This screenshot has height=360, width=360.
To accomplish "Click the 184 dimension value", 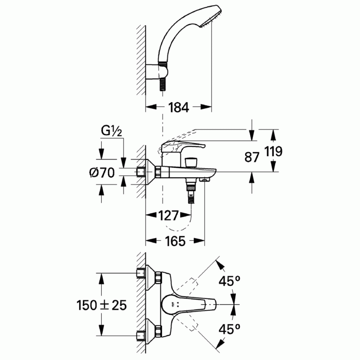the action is point(178,107).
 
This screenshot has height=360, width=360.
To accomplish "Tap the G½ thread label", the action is point(112,131).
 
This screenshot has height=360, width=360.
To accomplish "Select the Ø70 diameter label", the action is point(102,172).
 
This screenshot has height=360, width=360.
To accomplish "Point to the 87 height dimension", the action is point(252,157).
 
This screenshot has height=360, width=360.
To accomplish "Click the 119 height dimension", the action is point(273,151).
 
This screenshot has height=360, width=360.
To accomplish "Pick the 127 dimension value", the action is point(168,216).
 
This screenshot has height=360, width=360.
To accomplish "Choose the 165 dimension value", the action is point(175,241).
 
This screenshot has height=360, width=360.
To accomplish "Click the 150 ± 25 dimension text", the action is point(102,305).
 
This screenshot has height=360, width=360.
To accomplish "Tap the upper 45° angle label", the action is point(229,281).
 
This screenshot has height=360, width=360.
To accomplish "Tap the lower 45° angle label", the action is point(229,329).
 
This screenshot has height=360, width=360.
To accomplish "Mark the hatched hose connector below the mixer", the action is point(191,193).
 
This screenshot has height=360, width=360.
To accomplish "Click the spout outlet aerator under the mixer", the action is point(204,180).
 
